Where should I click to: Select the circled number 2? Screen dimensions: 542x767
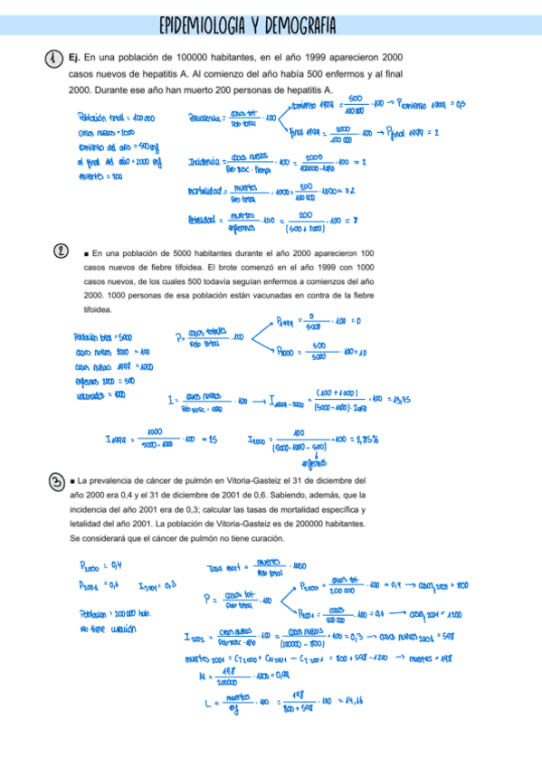coord(59,252)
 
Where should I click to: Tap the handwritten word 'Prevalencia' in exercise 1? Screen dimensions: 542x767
coord(208,118)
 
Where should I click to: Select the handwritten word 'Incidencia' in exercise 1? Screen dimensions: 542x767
coord(205,162)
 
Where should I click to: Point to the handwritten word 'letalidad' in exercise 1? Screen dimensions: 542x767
coord(205,219)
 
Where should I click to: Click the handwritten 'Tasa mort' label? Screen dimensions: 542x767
coord(227,568)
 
